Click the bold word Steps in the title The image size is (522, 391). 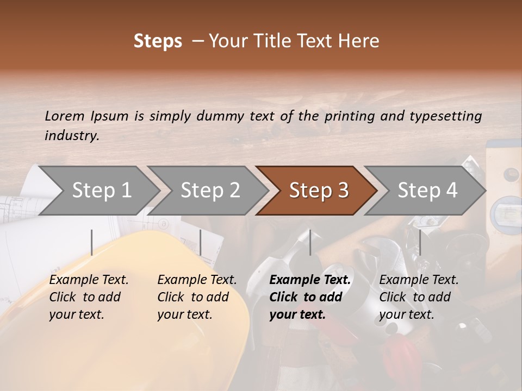click(158, 42)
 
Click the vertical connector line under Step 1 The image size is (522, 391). click(92, 242)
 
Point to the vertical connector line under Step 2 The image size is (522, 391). click(201, 242)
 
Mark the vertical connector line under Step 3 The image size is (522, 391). click(310, 242)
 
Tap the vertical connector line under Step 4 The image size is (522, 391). click(420, 242)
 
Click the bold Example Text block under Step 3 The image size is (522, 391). click(310, 297)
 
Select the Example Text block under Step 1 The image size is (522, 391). click(89, 297)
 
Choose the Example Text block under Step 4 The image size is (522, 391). click(419, 297)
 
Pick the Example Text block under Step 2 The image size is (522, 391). click(197, 297)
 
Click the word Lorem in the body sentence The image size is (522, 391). click(65, 116)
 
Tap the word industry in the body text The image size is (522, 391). click(72, 136)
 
